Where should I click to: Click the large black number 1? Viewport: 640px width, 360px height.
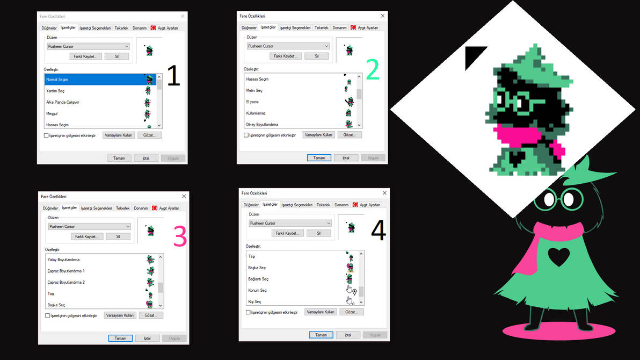pos(173,76)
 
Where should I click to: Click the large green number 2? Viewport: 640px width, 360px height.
pos(373,70)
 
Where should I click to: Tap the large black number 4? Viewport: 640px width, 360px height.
pos(379,231)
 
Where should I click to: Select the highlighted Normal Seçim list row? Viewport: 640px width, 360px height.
pos(94,80)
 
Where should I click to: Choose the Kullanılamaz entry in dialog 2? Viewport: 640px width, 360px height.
pos(256,113)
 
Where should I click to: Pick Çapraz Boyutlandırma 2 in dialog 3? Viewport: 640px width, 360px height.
pos(66,282)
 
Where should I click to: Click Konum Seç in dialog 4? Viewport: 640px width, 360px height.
pos(258,290)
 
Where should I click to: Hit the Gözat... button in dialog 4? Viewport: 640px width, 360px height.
pos(352,312)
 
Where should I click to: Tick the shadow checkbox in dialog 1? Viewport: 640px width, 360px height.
pos(47,135)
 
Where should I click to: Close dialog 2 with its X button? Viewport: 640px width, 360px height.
pos(382,16)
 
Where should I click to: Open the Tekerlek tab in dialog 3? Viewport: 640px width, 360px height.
pos(123,208)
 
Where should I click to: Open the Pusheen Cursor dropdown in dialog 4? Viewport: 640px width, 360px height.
pos(290,223)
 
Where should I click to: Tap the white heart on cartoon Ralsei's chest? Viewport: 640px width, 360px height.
pos(558,257)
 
